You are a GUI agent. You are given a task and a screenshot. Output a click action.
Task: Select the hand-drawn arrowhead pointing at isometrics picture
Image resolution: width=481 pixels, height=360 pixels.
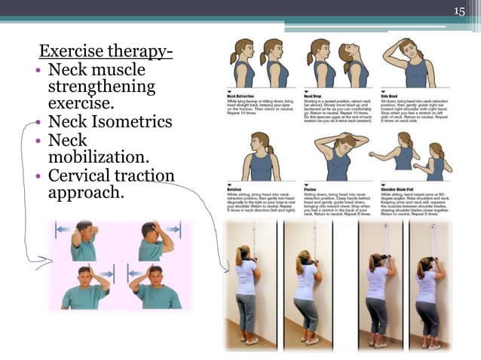pos(47,262)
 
